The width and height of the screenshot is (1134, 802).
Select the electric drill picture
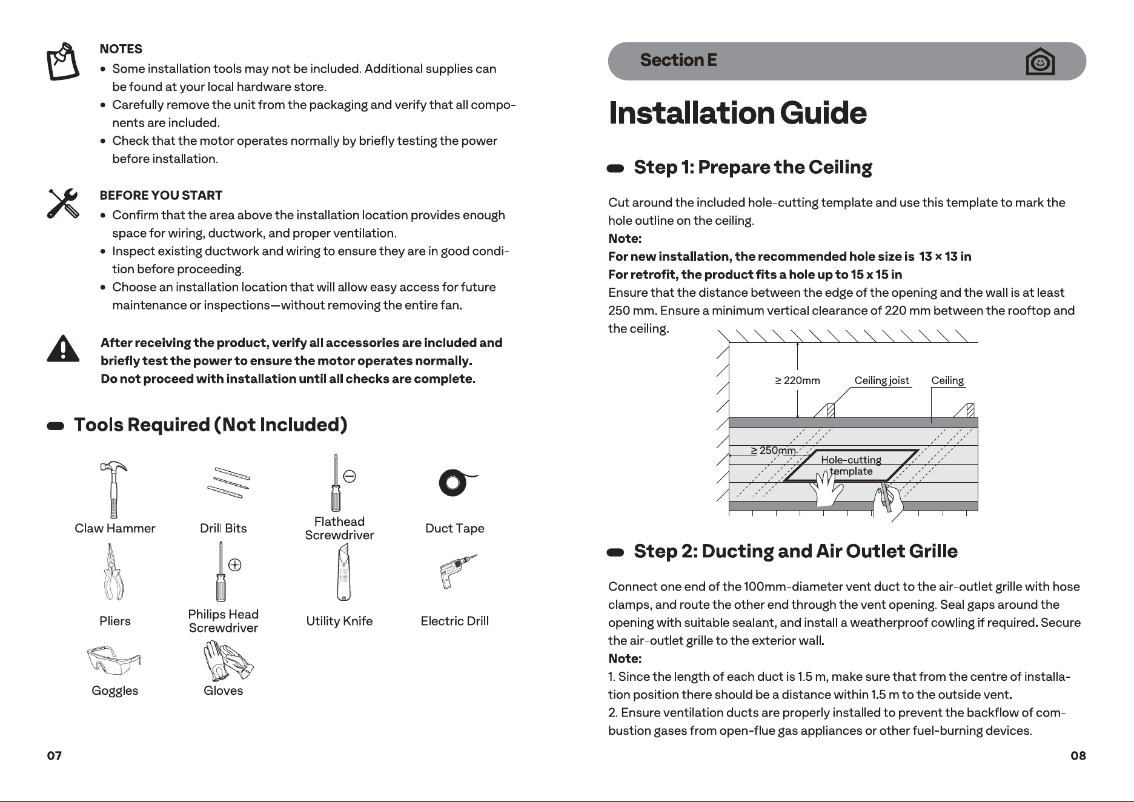pyautogui.click(x=456, y=571)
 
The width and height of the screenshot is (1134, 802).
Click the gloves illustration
pyautogui.click(x=227, y=661)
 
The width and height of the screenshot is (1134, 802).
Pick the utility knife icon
pyautogui.click(x=343, y=572)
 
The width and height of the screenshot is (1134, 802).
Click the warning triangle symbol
pyautogui.click(x=63, y=348)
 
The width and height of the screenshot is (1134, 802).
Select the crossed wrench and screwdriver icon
pyautogui.click(x=63, y=203)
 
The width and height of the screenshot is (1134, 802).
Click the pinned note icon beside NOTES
pyautogui.click(x=63, y=61)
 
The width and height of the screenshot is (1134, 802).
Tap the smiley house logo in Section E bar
pyautogui.click(x=1040, y=61)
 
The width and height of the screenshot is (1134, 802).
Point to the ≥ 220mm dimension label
pyautogui.click(x=797, y=380)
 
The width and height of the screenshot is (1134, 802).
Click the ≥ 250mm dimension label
pyautogui.click(x=773, y=451)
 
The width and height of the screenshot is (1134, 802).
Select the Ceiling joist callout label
pyautogui.click(x=881, y=380)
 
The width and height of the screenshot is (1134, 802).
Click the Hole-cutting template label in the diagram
pyautogui.click(x=851, y=466)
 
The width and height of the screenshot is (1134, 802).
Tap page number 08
pyautogui.click(x=1078, y=755)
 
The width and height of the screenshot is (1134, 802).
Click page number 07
pyautogui.click(x=55, y=755)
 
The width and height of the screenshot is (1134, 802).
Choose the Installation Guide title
pyautogui.click(x=737, y=113)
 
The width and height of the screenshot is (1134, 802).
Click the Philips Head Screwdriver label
pyautogui.click(x=223, y=621)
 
